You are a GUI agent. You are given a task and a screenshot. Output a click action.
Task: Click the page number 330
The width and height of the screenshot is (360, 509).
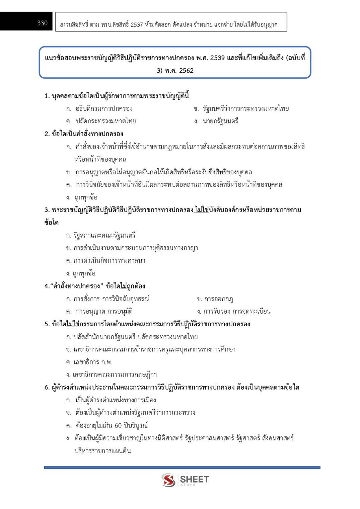click(x=42, y=23)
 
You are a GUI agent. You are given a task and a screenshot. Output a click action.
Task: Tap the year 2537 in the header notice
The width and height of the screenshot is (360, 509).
click(x=137, y=25)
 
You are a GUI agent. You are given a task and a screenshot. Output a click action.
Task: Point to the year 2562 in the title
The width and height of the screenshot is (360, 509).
click(x=186, y=71)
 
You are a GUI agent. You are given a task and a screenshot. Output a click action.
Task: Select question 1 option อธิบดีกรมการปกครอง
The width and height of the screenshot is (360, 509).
click(x=104, y=108)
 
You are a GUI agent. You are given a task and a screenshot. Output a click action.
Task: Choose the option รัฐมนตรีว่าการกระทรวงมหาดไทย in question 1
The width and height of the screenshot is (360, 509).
click(x=245, y=108)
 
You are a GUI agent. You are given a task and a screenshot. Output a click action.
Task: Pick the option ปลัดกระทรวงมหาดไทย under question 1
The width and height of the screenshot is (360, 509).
click(x=105, y=121)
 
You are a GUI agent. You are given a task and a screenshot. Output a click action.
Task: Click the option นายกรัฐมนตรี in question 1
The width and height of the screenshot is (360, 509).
click(x=220, y=121)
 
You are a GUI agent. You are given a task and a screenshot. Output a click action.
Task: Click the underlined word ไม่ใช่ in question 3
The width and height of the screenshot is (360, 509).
click(x=202, y=210)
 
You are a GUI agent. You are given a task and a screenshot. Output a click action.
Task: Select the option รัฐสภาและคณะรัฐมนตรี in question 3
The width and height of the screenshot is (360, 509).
click(x=104, y=235)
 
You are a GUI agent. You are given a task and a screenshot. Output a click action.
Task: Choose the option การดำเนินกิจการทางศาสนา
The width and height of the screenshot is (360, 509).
click(x=109, y=260)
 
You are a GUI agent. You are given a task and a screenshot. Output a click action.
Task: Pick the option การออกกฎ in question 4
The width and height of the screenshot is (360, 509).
click(x=218, y=299)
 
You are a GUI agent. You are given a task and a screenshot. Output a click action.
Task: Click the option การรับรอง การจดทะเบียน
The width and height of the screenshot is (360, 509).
click(x=237, y=311)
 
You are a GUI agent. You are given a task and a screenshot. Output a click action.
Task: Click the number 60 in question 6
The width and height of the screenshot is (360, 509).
click(x=118, y=425)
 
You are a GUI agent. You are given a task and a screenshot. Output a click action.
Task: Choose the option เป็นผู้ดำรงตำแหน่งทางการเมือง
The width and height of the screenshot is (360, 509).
click(x=116, y=400)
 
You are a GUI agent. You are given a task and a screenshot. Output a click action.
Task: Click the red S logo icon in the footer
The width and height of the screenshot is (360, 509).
click(x=168, y=480)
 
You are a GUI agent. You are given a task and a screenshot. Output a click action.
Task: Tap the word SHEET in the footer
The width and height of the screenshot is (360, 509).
click(x=194, y=479)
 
